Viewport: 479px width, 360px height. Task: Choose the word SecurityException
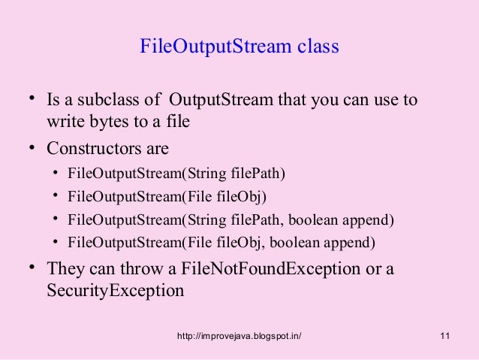(115, 290)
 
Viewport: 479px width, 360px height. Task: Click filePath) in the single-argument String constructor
(262, 175)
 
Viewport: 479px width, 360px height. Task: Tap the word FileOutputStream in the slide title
(211, 47)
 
